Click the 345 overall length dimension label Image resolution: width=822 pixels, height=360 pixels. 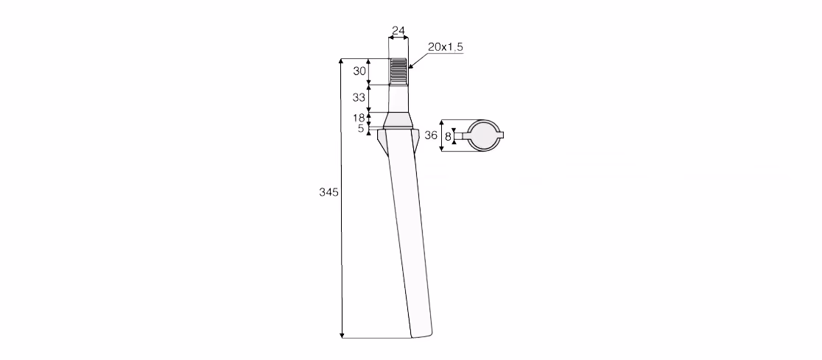(x=329, y=192)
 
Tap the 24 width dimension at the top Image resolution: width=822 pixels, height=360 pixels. (x=398, y=31)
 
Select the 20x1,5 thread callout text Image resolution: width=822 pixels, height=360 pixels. (x=445, y=47)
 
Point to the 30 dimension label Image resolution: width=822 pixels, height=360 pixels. (x=359, y=71)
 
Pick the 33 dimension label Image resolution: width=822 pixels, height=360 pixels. (x=359, y=97)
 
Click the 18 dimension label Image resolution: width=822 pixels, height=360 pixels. (x=359, y=118)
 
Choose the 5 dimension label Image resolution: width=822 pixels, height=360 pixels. (x=361, y=128)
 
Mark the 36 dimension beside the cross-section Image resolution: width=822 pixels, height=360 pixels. (x=431, y=135)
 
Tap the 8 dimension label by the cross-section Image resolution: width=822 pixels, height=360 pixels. (x=448, y=137)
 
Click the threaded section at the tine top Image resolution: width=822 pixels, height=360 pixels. (x=398, y=71)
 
